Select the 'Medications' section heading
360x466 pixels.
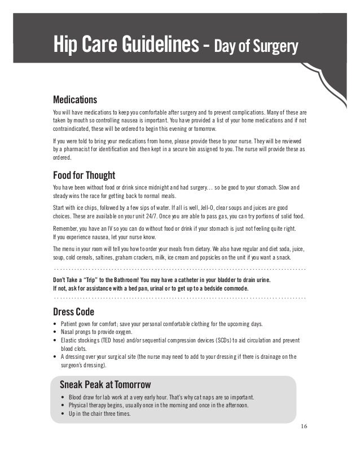pos(74,99)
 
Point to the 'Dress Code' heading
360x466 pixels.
pos(73,311)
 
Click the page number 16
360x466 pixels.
pos(304,425)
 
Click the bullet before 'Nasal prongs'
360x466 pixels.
pos(54,333)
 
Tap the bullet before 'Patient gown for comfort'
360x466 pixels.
pos(54,324)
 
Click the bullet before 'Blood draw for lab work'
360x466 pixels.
pos(63,397)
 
